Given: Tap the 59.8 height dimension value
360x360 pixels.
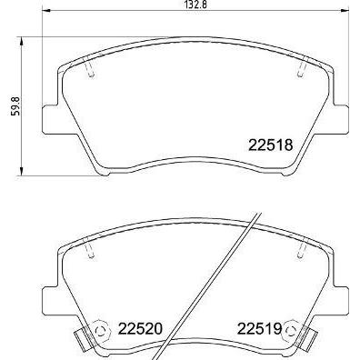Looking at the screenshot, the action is point(15,105).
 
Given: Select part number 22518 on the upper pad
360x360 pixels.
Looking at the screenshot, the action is point(271,145).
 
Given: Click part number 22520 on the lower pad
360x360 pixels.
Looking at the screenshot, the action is point(140,328).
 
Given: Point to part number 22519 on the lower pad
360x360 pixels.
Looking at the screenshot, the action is point(259,328).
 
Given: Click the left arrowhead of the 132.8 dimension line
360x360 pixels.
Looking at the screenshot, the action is point(46,11).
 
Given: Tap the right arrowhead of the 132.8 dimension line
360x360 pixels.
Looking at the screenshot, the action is point(345,11).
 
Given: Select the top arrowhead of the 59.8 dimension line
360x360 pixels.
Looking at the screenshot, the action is point(21,42).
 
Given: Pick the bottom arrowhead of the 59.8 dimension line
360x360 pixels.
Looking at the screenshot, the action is point(21,171).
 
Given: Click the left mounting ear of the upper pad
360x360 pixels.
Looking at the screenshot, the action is point(50,119).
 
